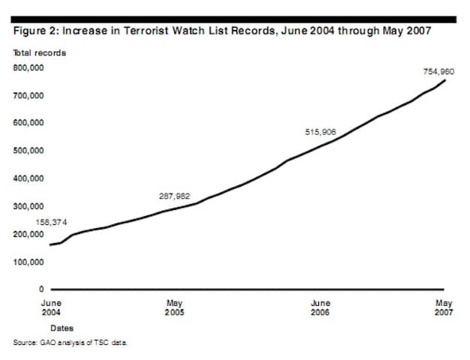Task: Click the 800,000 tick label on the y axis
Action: click(29, 67)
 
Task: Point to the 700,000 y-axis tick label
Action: click(29, 95)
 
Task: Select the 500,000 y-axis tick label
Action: click(29, 151)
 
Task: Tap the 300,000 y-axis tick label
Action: click(29, 206)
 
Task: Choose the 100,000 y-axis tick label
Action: click(29, 262)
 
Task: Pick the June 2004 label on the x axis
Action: click(50, 307)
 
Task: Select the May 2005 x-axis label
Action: click(174, 307)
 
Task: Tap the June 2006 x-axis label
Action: click(321, 307)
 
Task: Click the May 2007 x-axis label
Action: click(444, 307)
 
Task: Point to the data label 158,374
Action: click(52, 223)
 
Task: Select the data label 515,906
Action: click(321, 132)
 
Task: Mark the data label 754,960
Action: click(439, 71)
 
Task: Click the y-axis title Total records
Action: click(39, 52)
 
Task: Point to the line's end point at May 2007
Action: click(445, 80)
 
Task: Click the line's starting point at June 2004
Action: click(50, 245)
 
